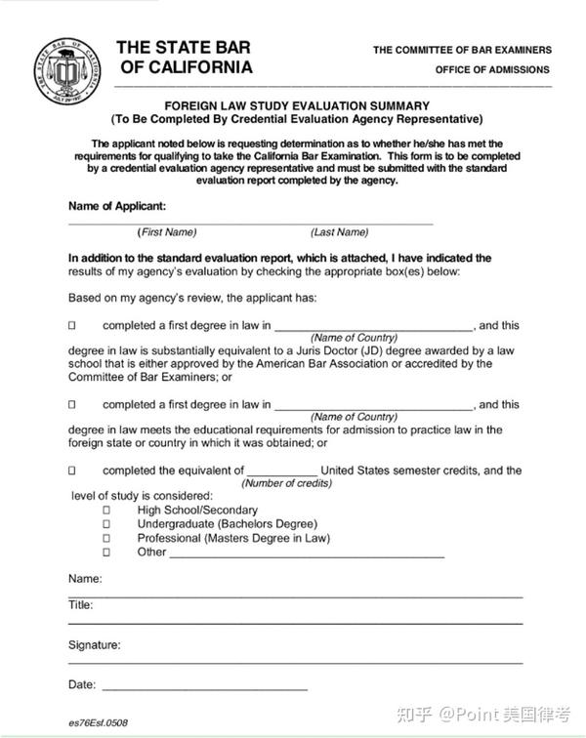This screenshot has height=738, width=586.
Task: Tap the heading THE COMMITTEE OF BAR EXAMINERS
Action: (462, 50)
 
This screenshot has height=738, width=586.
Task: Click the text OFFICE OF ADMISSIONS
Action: (492, 70)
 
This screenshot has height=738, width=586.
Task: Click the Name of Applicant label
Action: (117, 206)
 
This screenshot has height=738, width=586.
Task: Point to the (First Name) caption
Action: (167, 232)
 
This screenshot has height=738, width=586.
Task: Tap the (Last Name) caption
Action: (339, 232)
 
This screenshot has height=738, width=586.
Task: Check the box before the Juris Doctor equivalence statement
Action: (72, 325)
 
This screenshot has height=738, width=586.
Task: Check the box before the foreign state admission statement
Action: (72, 404)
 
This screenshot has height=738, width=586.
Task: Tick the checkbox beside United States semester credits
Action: (72, 471)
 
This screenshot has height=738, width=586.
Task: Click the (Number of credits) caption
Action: (286, 483)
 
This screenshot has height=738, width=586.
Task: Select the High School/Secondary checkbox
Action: (106, 510)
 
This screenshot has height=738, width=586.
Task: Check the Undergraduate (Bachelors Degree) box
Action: (106, 523)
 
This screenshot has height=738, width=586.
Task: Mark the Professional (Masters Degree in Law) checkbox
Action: (106, 538)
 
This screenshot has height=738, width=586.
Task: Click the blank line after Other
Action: (307, 553)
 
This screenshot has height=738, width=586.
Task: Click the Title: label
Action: (81, 605)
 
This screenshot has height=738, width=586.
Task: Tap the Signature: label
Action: (95, 645)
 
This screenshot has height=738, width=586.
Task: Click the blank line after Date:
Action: (204, 686)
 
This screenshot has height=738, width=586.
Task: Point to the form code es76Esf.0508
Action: (99, 722)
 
